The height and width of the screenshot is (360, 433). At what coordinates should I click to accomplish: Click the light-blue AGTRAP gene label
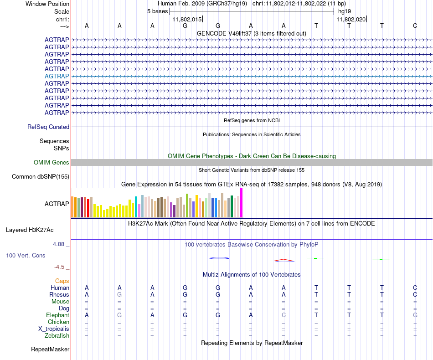(57, 76)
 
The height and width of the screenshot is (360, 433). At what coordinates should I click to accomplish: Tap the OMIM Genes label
(52, 163)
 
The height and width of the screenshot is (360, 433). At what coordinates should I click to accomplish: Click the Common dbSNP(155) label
(41, 177)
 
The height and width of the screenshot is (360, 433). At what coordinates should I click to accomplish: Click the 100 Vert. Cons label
(26, 256)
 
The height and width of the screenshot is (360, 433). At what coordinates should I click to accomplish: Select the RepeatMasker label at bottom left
(50, 350)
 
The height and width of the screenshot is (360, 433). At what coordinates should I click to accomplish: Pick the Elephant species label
(57, 315)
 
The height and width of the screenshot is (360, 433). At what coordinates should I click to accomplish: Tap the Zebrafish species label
(57, 336)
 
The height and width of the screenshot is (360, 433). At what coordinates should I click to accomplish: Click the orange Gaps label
(62, 281)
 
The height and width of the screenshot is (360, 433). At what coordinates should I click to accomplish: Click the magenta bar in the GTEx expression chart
(242, 203)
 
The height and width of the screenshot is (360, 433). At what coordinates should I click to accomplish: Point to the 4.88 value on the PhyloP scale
(59, 244)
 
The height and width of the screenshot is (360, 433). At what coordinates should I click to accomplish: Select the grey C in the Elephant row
(284, 315)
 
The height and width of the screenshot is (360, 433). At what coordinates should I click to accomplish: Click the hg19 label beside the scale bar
(344, 11)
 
